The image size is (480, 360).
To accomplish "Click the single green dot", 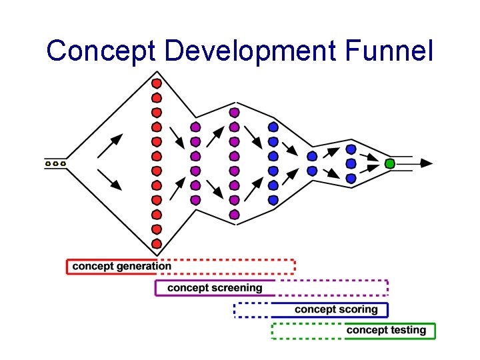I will [390, 163].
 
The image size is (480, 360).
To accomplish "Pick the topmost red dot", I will [157, 83].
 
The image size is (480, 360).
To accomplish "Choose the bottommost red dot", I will [157, 243].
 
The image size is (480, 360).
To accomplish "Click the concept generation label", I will [121, 267].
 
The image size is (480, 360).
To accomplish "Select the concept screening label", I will [215, 288].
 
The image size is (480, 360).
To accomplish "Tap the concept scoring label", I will [336, 309].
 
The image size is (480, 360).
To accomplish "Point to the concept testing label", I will [386, 330].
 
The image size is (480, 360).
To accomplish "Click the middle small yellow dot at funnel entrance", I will [56, 163].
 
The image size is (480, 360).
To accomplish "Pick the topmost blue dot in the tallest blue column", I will [273, 127].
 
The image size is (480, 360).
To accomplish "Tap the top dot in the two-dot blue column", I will [312, 156].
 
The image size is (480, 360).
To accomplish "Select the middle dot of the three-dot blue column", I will [351, 163].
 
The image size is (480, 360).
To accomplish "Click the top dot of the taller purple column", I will [234, 112].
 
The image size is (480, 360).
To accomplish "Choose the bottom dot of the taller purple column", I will [234, 215].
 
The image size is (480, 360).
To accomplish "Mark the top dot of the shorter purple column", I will [195, 127].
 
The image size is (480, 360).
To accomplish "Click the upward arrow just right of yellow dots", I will [111, 145].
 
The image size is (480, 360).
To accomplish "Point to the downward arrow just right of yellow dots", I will [111, 180].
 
